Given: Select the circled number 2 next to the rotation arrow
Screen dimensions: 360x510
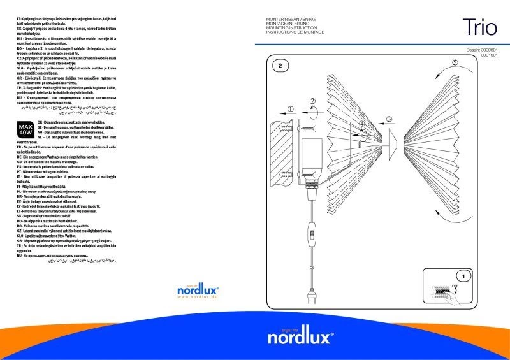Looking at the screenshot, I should (x=312, y=101).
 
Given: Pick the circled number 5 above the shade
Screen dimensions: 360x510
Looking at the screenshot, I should (x=455, y=62).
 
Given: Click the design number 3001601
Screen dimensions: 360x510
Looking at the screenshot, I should (x=489, y=55).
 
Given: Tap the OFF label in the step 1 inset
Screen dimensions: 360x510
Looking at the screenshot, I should (x=455, y=286).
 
